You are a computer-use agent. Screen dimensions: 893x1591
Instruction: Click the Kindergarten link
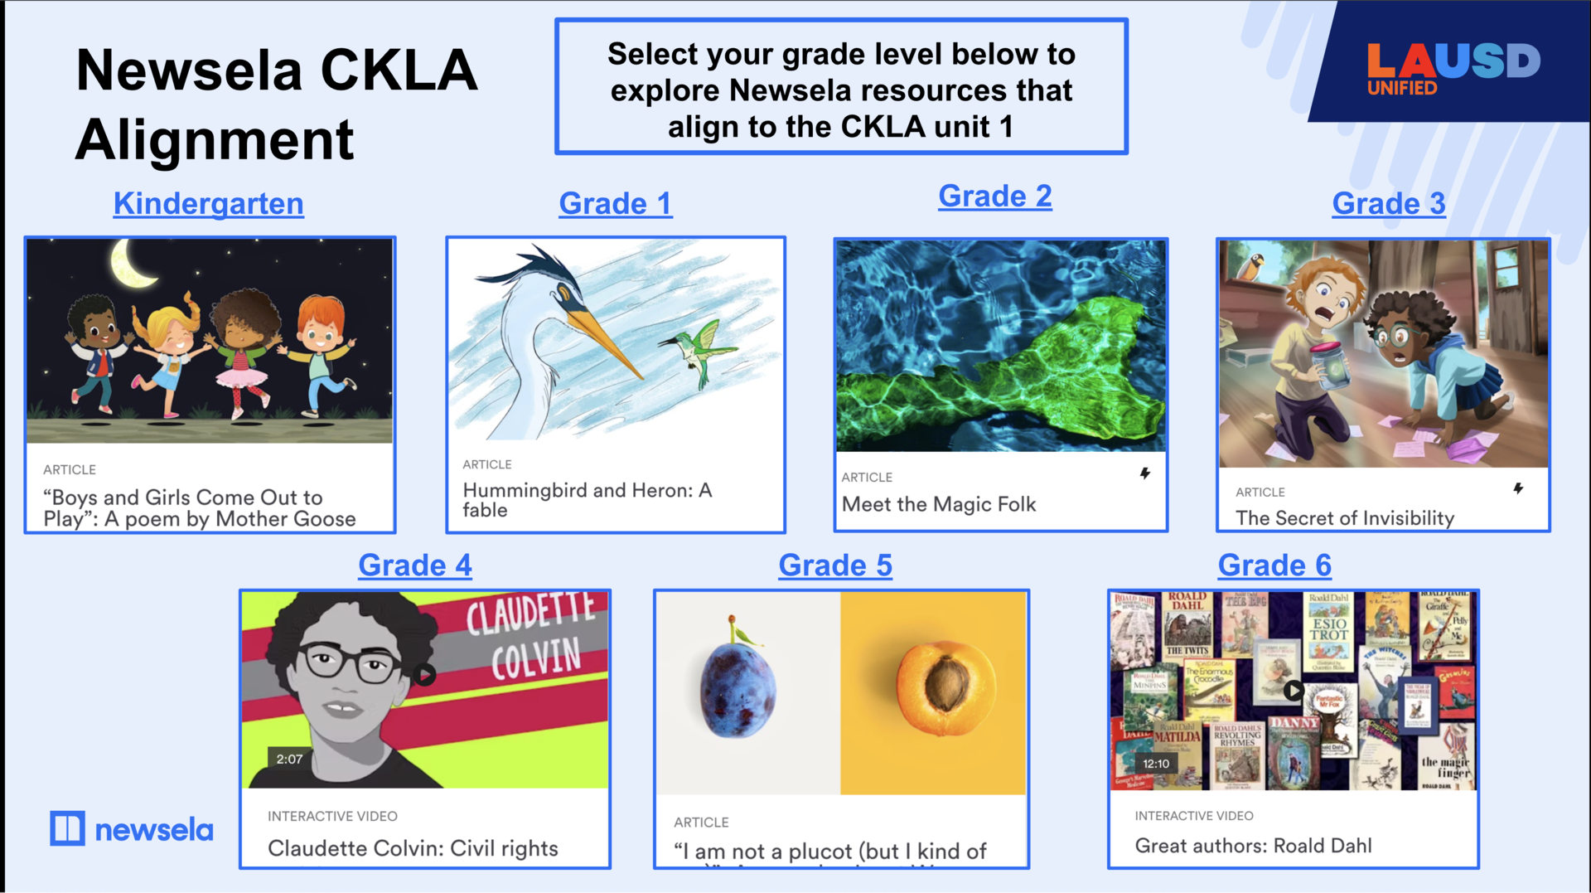tap(209, 204)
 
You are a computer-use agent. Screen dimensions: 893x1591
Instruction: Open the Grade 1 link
tap(615, 204)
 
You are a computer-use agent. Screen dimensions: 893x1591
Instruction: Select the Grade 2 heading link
tap(994, 197)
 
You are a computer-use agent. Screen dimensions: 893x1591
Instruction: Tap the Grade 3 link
tap(1388, 204)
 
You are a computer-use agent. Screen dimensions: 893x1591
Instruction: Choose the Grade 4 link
tap(414, 565)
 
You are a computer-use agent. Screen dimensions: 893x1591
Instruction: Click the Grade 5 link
tap(835, 565)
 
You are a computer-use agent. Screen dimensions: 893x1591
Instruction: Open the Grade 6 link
tap(1274, 565)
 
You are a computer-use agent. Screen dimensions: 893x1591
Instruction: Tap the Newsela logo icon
tap(67, 828)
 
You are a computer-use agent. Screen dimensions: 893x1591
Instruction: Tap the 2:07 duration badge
tap(289, 759)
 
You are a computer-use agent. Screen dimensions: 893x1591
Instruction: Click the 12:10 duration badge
tap(1156, 764)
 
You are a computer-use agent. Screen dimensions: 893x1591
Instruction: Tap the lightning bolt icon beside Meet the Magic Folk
tap(1145, 473)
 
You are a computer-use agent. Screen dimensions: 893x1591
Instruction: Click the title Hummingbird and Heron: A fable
tap(587, 500)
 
